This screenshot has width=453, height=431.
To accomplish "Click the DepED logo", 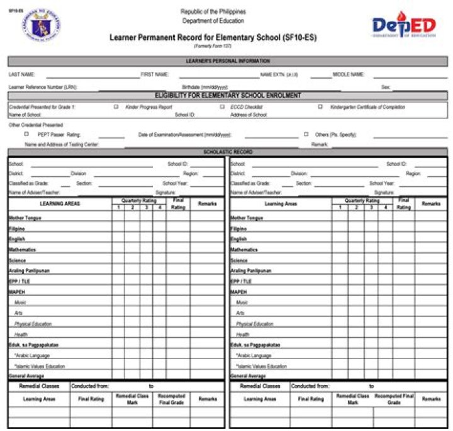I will click(403, 26).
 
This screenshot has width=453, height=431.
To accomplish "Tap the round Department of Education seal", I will click(43, 26).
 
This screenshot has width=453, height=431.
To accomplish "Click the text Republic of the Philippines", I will click(213, 11).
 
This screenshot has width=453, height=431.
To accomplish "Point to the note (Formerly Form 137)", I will click(213, 47).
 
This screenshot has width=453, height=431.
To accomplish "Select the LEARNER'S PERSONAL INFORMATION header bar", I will click(228, 61).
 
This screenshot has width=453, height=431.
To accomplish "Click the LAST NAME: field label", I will click(22, 74).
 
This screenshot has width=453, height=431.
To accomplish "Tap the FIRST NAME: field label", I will click(155, 74).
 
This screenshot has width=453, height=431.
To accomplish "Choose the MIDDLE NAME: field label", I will click(349, 74).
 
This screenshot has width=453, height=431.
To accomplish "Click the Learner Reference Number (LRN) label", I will click(43, 87).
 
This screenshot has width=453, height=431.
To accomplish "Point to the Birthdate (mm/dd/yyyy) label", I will click(205, 87).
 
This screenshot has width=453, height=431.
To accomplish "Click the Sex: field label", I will click(385, 87).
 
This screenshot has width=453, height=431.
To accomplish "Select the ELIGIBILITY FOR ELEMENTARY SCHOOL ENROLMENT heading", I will click(228, 96).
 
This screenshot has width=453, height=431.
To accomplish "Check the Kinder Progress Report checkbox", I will click(116, 107).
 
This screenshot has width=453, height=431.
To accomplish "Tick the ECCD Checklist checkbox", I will click(222, 107).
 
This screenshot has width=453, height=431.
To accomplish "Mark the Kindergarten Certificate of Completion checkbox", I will click(320, 107).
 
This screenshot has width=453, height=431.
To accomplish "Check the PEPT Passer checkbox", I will click(26, 134).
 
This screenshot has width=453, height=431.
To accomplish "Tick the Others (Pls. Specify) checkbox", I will click(306, 134).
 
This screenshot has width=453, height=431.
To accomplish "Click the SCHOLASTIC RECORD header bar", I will click(228, 152).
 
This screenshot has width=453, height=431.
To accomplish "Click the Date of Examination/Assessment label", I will click(185, 135).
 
